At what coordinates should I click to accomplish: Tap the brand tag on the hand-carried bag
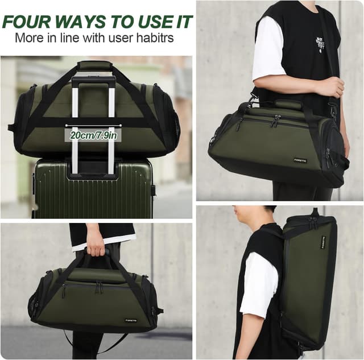(x=131, y=320)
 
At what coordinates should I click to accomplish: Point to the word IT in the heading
(x=180, y=22)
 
